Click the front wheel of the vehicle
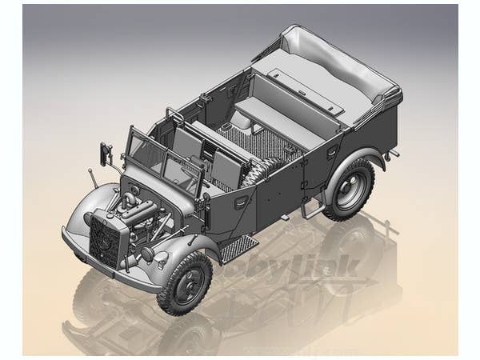click(x=185, y=282)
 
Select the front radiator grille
click(x=106, y=238)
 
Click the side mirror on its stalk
click(x=105, y=152)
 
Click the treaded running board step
click(x=238, y=249)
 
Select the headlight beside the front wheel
click(x=147, y=254)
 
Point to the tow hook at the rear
click(x=392, y=152)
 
